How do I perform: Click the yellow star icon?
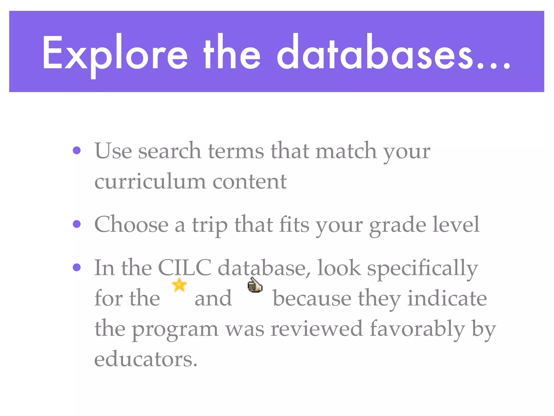tap(179, 285)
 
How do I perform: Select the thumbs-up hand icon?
tap(255, 285)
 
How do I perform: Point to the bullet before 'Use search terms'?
tap(77, 150)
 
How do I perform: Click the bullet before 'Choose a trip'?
tap(77, 224)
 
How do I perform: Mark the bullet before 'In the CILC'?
tap(77, 267)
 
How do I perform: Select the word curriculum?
tap(150, 181)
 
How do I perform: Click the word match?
tap(346, 151)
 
